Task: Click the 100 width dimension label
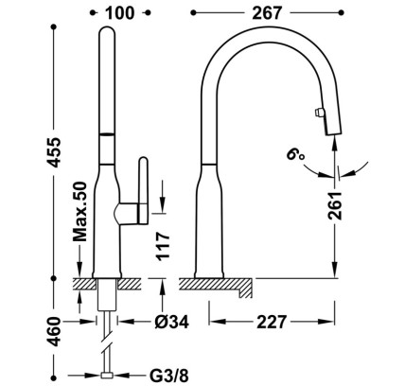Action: [119, 13]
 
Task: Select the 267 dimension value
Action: [267, 13]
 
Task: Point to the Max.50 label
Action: [79, 211]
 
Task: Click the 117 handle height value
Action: [164, 246]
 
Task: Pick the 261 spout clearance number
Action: [335, 205]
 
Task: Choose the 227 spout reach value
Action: [272, 322]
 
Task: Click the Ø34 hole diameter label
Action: [172, 322]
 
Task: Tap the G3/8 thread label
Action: [168, 376]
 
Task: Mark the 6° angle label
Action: [295, 153]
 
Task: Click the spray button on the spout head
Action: [318, 113]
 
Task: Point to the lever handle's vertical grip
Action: [144, 191]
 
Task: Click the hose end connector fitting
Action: [107, 376]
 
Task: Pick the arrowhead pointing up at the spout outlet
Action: [335, 142]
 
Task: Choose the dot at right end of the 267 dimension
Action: [341, 12]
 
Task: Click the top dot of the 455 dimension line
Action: [54, 27]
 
